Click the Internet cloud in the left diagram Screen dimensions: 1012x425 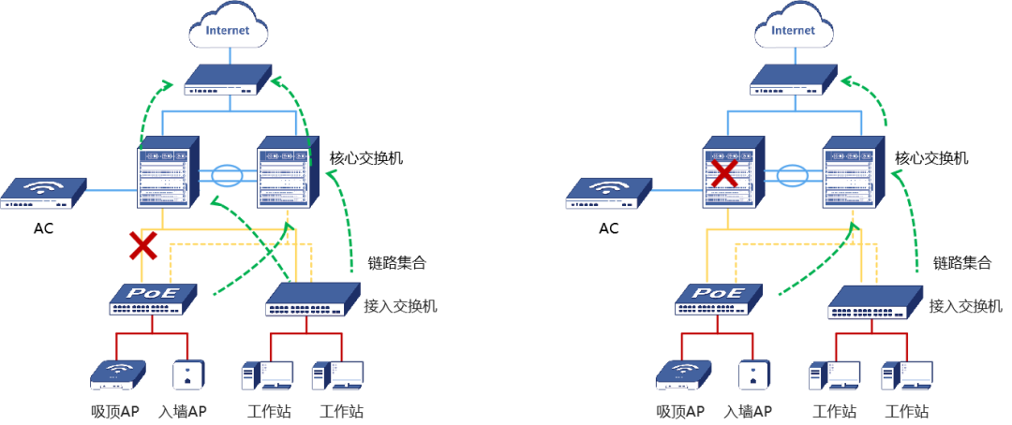pyautogui.click(x=227, y=28)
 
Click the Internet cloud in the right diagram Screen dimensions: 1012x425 pyautogui.click(x=794, y=28)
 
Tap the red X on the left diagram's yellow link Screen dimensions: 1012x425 pyautogui.click(x=142, y=246)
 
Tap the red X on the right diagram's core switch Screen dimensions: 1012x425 pyautogui.click(x=724, y=173)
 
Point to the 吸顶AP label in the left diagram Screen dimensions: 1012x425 pyautogui.click(x=115, y=411)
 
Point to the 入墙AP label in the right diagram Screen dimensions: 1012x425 pyautogui.click(x=748, y=411)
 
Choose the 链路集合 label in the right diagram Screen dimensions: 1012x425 pyautogui.click(x=962, y=262)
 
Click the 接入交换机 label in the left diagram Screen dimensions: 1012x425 pyautogui.click(x=400, y=306)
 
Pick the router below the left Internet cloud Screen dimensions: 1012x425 pyautogui.click(x=228, y=80)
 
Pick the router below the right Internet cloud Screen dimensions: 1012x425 pyautogui.click(x=795, y=80)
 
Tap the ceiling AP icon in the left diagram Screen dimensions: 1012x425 pyautogui.click(x=118, y=374)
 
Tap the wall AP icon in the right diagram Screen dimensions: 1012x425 pyautogui.click(x=753, y=374)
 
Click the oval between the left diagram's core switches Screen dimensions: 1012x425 pyautogui.click(x=227, y=175)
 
